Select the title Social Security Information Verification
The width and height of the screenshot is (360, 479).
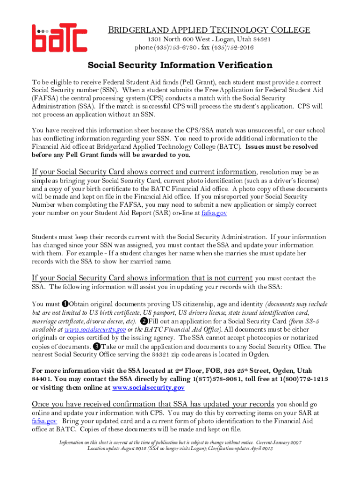point(180,65)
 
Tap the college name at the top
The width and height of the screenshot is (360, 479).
point(209,30)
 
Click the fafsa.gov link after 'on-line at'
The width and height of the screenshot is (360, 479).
point(214,213)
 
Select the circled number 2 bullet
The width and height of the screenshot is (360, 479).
point(144,321)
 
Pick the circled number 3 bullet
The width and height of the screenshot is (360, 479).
point(96,347)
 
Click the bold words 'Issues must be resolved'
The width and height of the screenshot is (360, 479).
point(281,146)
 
